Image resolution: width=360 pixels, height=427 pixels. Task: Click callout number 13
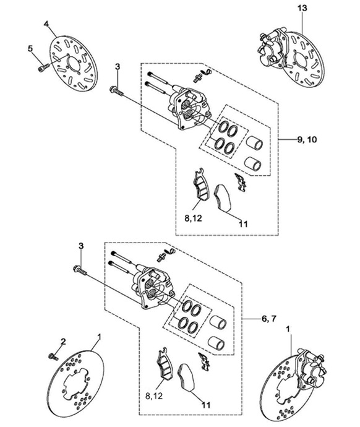pos(302,8)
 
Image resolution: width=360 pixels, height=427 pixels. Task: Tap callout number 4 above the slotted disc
pos(46,24)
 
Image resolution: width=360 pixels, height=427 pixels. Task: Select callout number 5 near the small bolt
pos(30,48)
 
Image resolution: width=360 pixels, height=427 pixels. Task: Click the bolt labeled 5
pos(43,67)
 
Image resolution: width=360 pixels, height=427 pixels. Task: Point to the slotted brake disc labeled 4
pos(74,63)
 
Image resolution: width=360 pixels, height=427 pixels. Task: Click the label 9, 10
pos(307,140)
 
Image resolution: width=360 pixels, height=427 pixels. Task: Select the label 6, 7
pos(269,318)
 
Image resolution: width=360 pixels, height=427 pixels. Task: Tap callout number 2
pos(63,342)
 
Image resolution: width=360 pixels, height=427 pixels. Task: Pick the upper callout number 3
pos(118,67)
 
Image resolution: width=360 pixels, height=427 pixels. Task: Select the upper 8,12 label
pos(194,218)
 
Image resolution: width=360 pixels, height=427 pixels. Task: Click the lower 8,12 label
pos(154,395)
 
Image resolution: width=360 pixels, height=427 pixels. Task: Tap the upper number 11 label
pos(244,224)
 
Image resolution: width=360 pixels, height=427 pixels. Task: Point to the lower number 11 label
pos(207,405)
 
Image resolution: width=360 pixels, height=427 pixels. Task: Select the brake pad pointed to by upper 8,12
pos(200,184)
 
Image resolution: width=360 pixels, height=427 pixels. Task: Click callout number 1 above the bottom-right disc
pos(288,329)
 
